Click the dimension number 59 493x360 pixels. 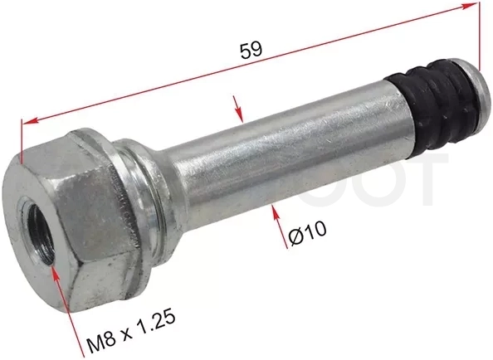click(x=251, y=51)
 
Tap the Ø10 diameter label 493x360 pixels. click(x=308, y=233)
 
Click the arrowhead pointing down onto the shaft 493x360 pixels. click(x=240, y=115)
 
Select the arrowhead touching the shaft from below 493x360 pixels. click(x=275, y=213)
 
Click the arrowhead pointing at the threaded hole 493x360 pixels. click(x=56, y=273)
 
